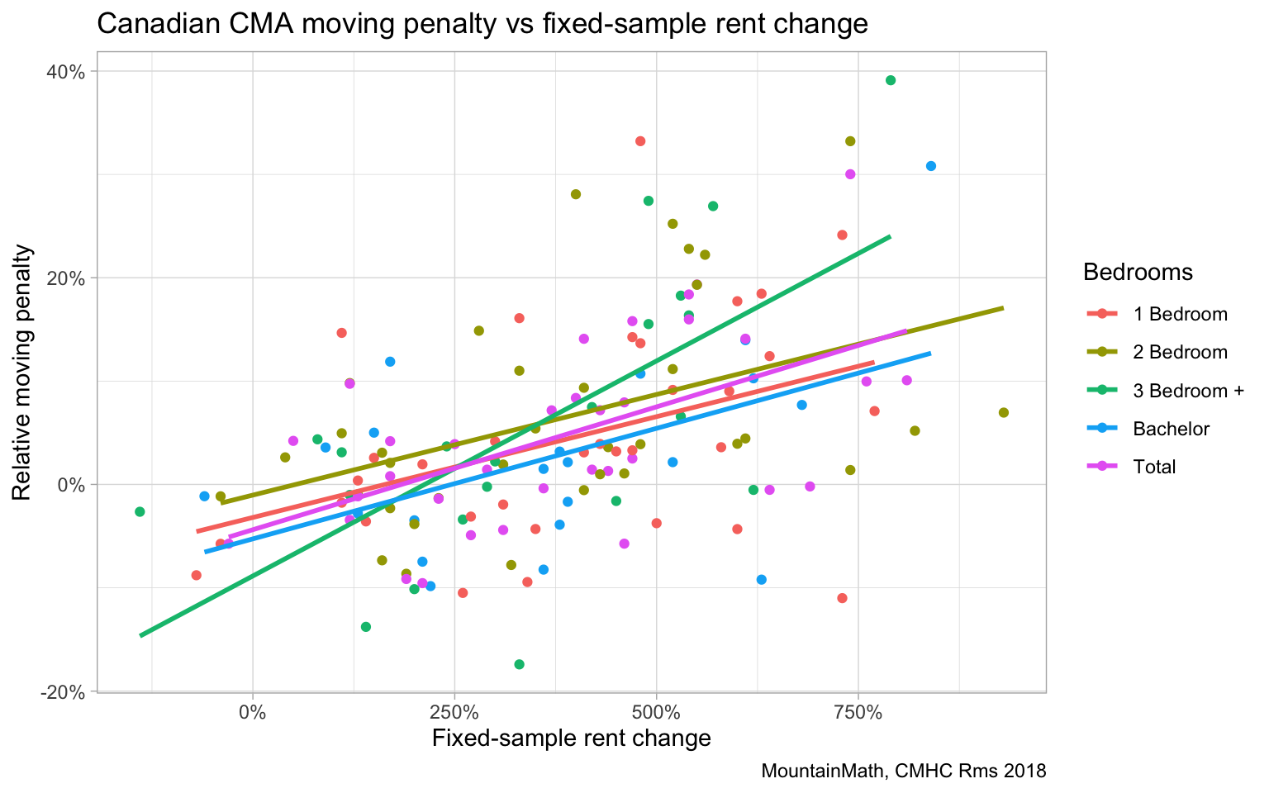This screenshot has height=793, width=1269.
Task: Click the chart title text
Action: click(x=482, y=23)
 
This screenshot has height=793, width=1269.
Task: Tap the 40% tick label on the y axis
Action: click(x=65, y=72)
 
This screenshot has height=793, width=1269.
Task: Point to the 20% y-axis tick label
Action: click(x=65, y=278)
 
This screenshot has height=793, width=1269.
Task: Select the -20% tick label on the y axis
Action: click(x=63, y=692)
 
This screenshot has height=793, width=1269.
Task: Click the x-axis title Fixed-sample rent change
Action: click(x=571, y=738)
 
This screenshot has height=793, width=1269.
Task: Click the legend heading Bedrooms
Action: click(x=1138, y=272)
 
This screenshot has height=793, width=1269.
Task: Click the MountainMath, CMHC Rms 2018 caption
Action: click(x=903, y=772)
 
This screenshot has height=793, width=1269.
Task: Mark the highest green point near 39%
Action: click(x=891, y=80)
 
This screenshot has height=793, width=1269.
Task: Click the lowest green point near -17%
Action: click(x=519, y=664)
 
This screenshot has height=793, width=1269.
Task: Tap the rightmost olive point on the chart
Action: click(x=1004, y=412)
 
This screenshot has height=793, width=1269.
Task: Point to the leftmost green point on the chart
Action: click(x=140, y=512)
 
